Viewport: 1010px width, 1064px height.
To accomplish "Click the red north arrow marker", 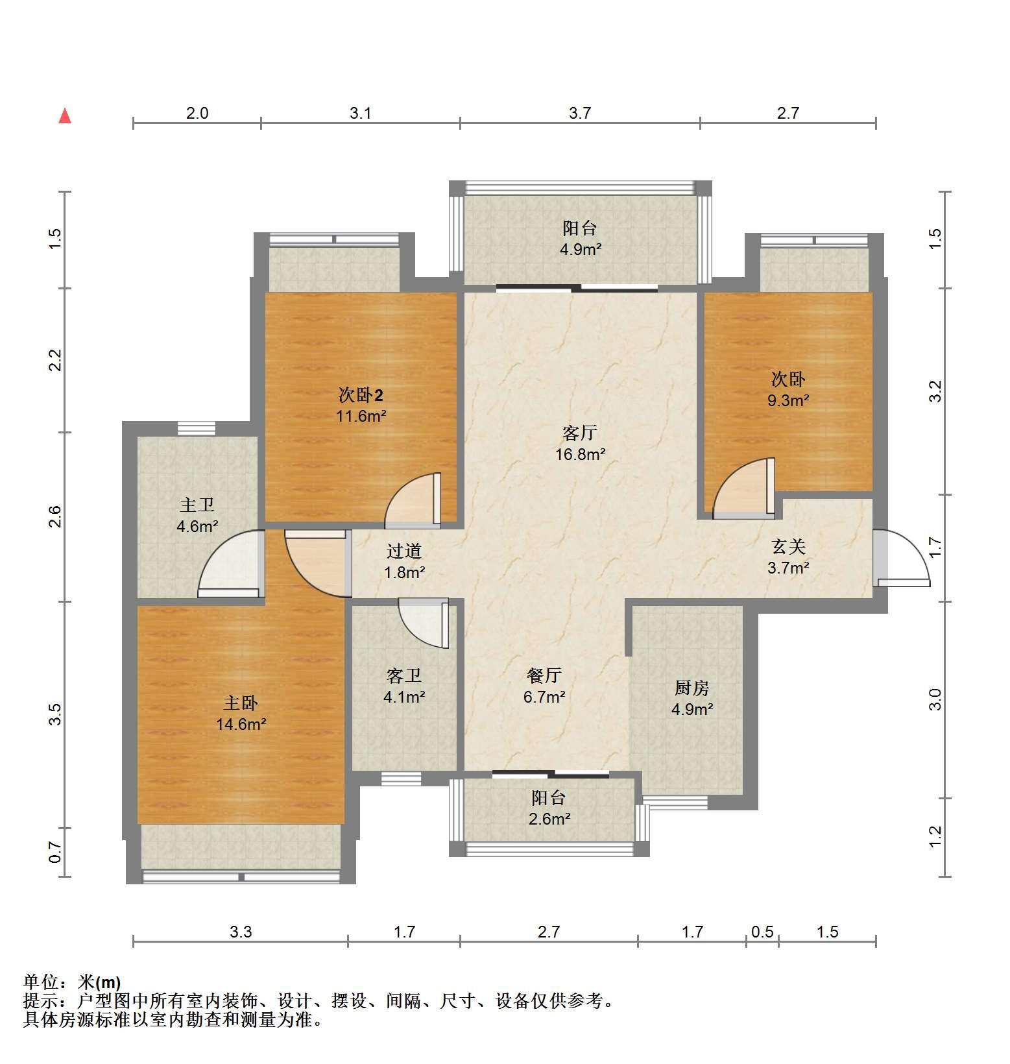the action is click(65, 116).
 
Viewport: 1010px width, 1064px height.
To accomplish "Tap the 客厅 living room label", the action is click(580, 433).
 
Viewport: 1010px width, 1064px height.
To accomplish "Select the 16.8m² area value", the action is click(581, 454).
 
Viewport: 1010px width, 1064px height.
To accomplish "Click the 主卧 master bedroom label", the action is click(241, 703).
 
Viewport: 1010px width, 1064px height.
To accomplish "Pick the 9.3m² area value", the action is click(788, 400).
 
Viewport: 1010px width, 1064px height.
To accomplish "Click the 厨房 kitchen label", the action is click(692, 688).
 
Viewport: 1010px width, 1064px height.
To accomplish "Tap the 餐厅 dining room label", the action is click(544, 675).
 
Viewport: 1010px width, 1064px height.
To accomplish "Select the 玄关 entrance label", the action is click(788, 547).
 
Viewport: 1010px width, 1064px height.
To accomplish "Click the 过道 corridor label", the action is click(404, 551).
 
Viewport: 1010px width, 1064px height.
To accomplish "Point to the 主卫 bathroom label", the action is click(197, 505).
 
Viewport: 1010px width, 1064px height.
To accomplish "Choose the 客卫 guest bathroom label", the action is click(404, 675).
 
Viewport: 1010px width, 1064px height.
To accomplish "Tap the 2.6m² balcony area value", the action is click(549, 819).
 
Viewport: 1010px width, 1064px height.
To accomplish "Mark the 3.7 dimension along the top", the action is click(580, 113).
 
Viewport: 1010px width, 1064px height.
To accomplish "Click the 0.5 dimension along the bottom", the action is click(762, 932).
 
